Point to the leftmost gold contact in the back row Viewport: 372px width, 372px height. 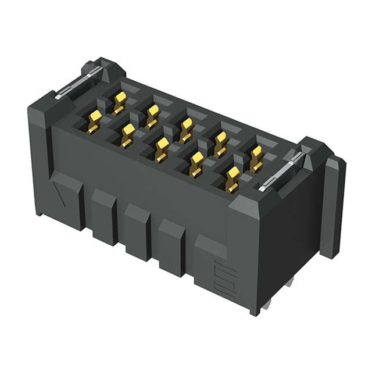coord(120,101)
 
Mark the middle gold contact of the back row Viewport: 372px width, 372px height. coord(186,127)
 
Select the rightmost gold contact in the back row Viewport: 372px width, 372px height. coord(256,155)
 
